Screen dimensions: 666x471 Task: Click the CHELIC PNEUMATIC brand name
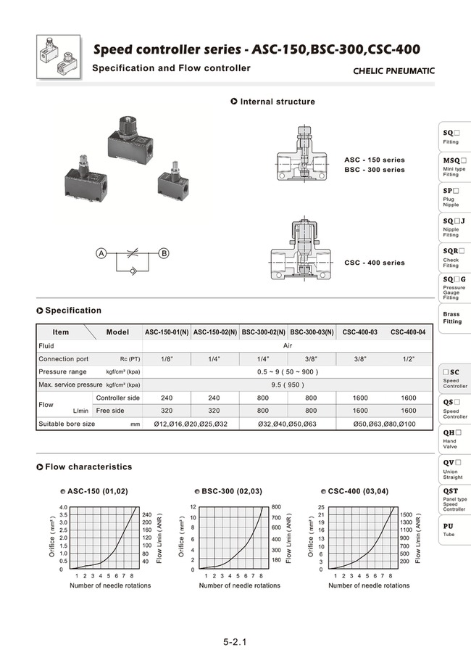(x=393, y=71)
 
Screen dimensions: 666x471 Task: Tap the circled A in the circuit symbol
(x=102, y=253)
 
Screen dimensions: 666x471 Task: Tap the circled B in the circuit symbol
(x=164, y=253)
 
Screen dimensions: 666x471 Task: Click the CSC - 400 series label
(x=374, y=263)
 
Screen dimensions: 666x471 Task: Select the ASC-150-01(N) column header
(x=167, y=332)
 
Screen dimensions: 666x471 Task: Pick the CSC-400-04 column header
(x=408, y=332)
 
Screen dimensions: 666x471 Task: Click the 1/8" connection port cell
(x=167, y=358)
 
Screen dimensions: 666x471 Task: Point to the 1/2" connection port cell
(x=408, y=358)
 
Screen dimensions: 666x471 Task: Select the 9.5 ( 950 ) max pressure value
(x=288, y=385)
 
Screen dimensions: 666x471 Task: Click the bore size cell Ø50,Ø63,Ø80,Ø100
(x=385, y=424)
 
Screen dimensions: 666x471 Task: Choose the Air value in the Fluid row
(x=288, y=346)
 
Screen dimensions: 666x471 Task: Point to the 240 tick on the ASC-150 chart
(x=147, y=514)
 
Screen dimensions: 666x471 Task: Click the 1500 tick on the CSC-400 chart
(x=406, y=514)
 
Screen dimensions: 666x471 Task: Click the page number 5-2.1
(x=235, y=642)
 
